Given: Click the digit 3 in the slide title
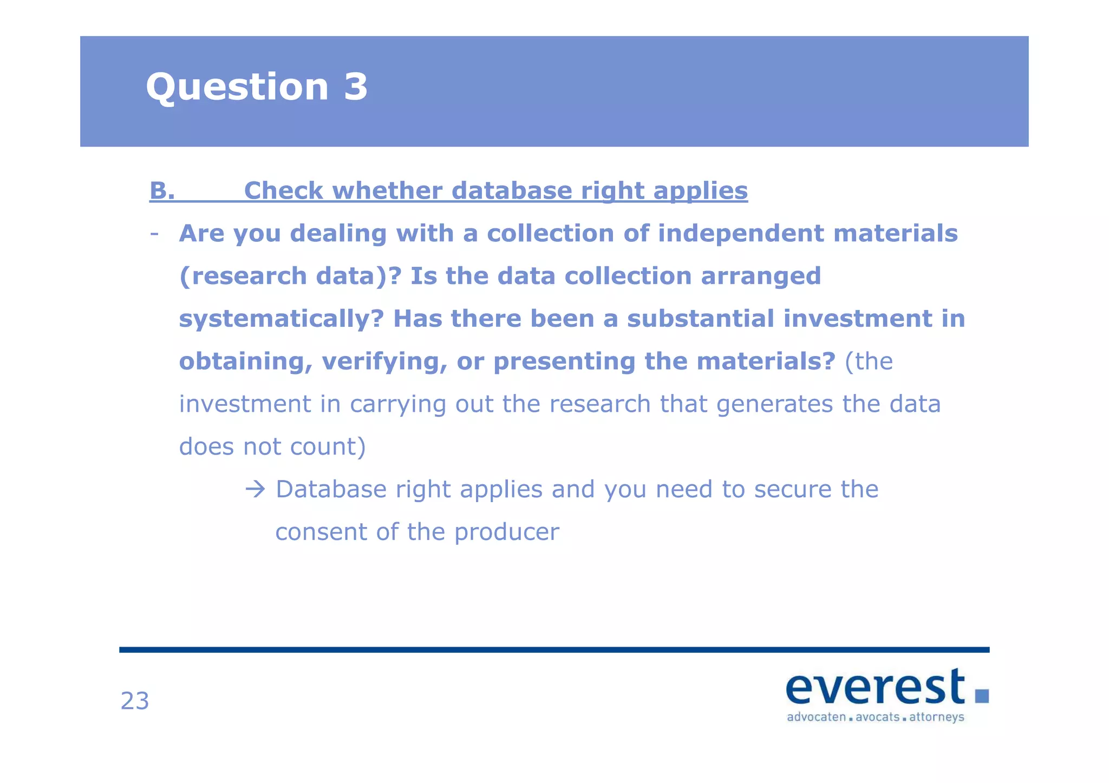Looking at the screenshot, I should pos(355,87).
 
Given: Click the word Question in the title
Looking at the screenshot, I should pos(237,88).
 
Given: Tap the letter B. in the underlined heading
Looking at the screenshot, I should pos(162,190).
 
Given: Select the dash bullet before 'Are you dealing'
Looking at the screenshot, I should pos(154,234).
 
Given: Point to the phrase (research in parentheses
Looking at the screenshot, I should pos(243,276).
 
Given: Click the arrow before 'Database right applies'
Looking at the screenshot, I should pos(255,489).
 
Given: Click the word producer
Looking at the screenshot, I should pos(506,532).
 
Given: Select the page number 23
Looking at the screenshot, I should pos(135,701).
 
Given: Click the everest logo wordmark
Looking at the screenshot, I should pos(875,687).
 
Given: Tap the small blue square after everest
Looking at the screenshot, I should pos(982,695).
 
